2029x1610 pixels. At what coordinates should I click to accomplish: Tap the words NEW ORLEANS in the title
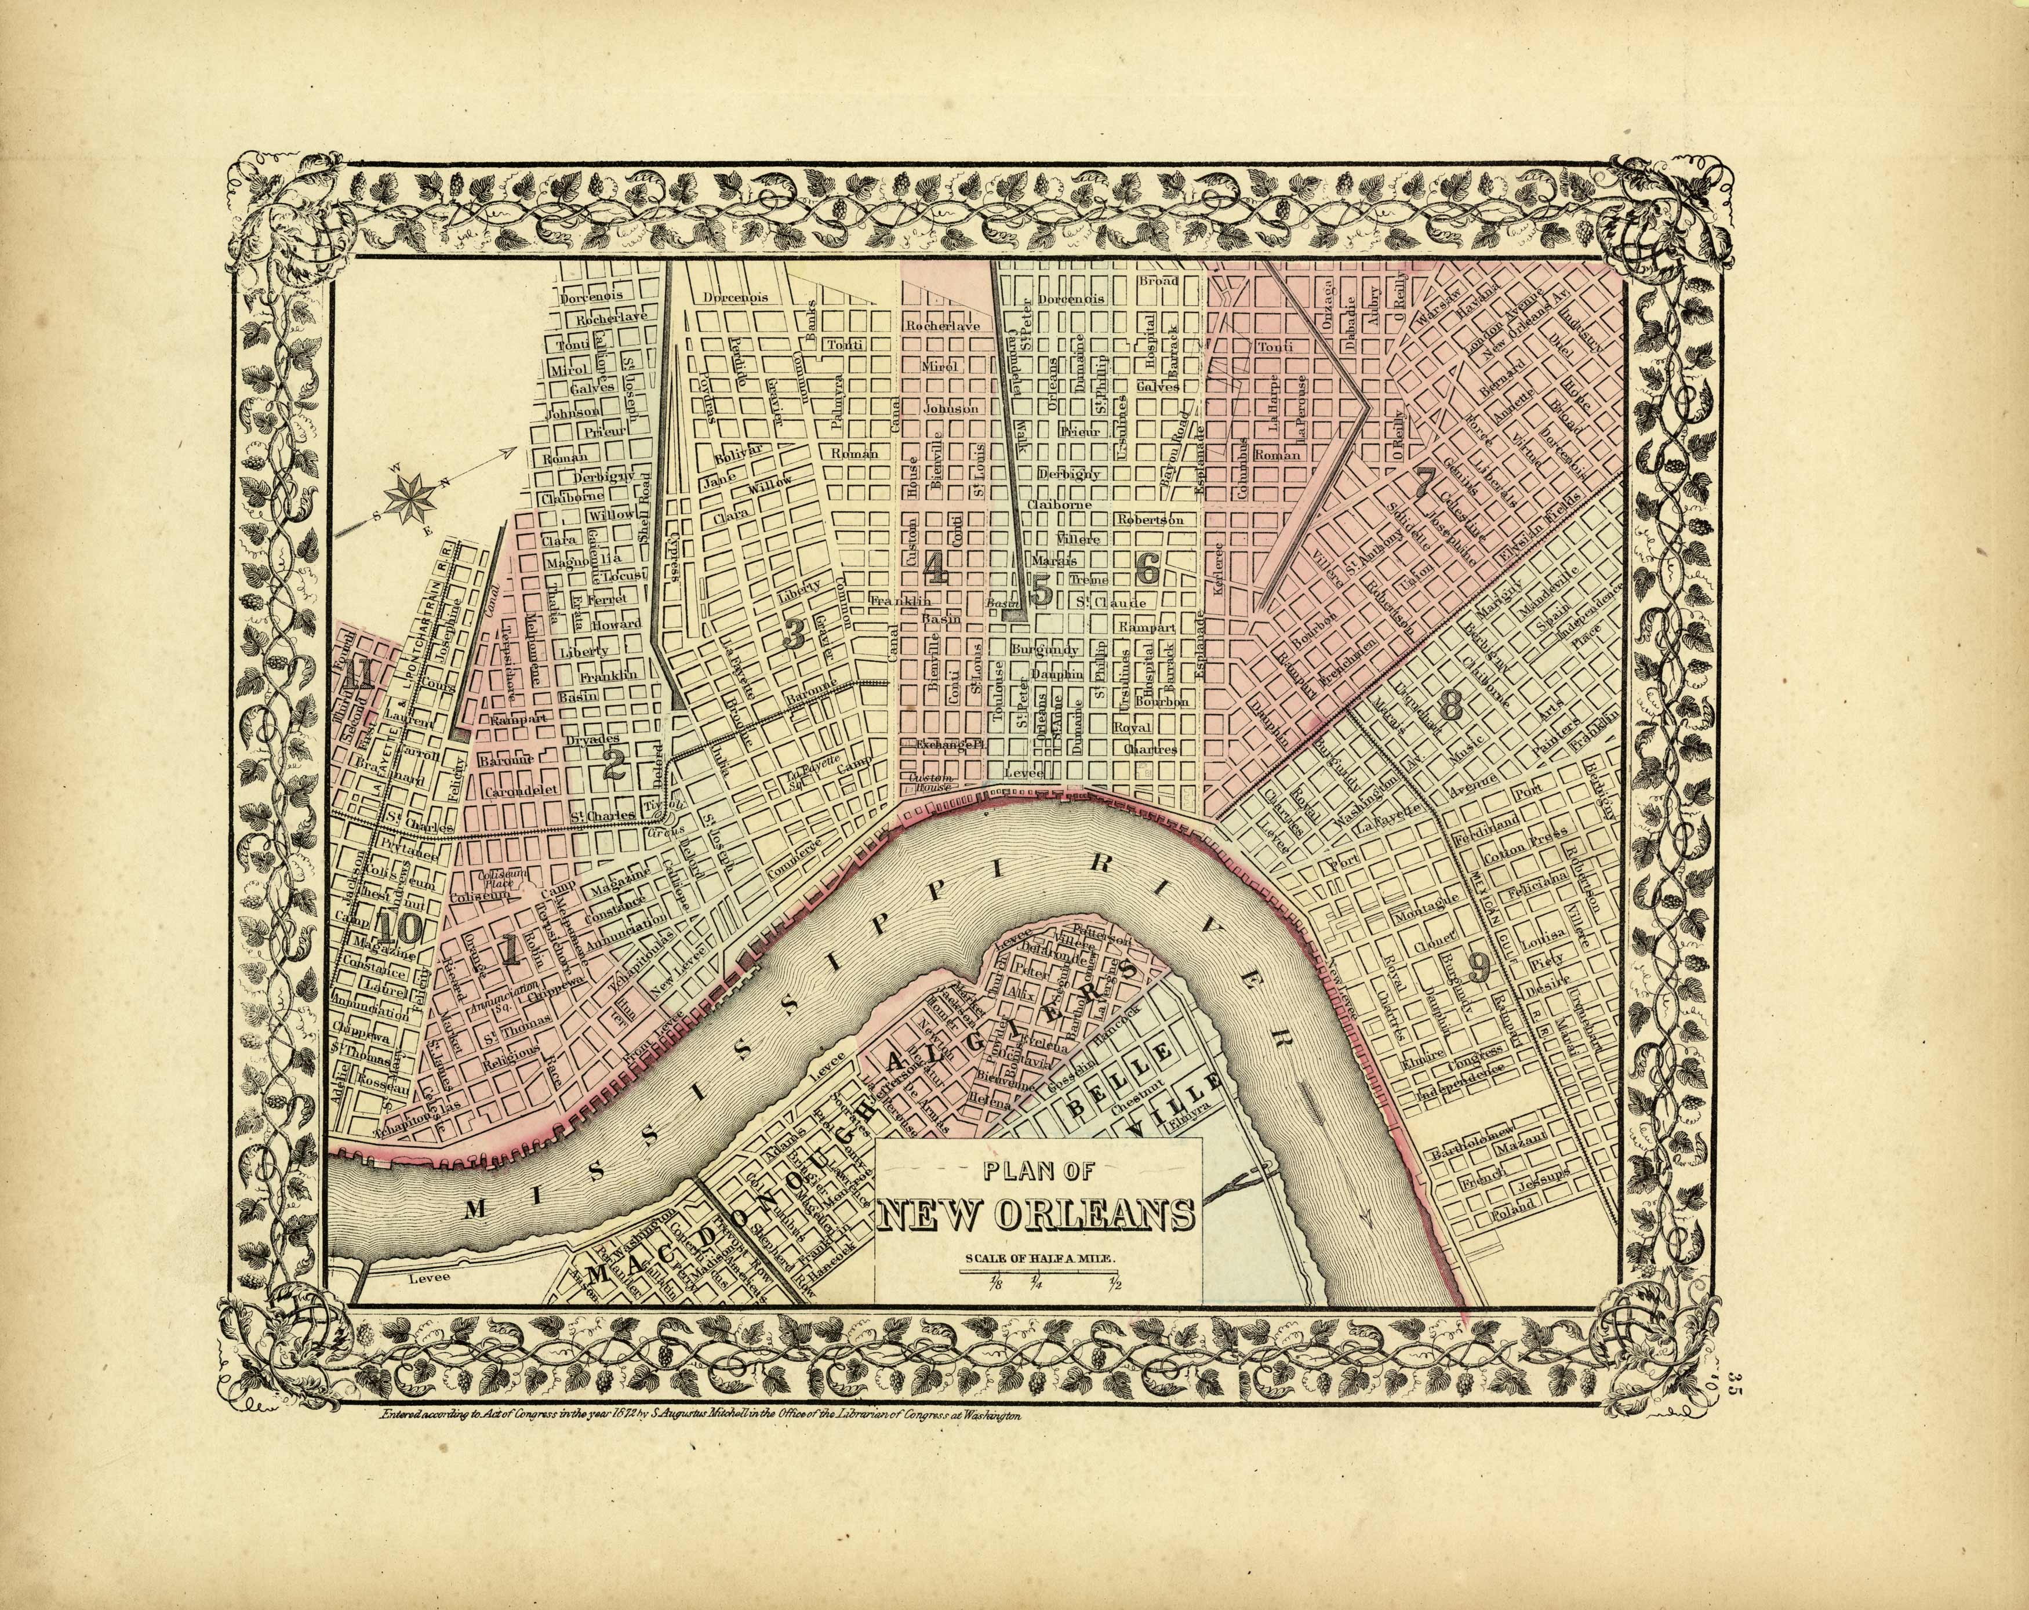click(1037, 1217)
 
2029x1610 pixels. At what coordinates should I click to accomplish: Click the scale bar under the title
click(1039, 1272)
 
